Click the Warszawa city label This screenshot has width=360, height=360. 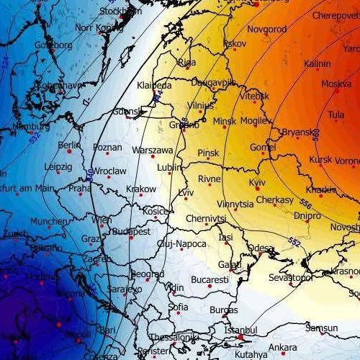tap(153, 150)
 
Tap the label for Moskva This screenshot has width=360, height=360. tap(336, 84)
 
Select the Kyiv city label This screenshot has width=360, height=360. tap(257, 184)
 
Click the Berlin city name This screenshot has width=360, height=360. tap(69, 145)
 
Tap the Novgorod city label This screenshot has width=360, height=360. tap(266, 30)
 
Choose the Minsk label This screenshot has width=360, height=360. tap(224, 122)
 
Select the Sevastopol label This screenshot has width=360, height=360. tap(289, 278)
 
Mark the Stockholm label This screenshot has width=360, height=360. tap(120, 12)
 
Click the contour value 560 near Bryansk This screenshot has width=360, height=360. tap(316, 134)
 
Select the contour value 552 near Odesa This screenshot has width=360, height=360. tap(293, 240)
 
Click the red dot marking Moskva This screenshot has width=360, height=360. tap(336, 91)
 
